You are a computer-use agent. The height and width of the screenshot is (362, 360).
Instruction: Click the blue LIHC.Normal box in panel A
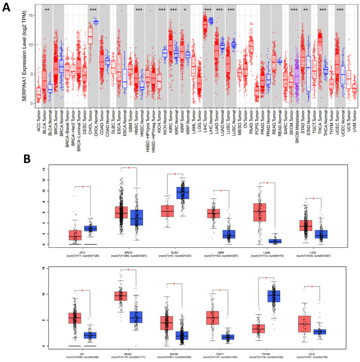point(211,20)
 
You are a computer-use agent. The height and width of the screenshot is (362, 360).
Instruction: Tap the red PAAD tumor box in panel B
point(120,296)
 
